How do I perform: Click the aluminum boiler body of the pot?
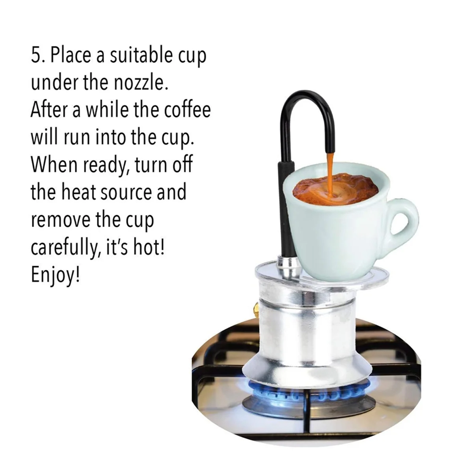300,323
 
